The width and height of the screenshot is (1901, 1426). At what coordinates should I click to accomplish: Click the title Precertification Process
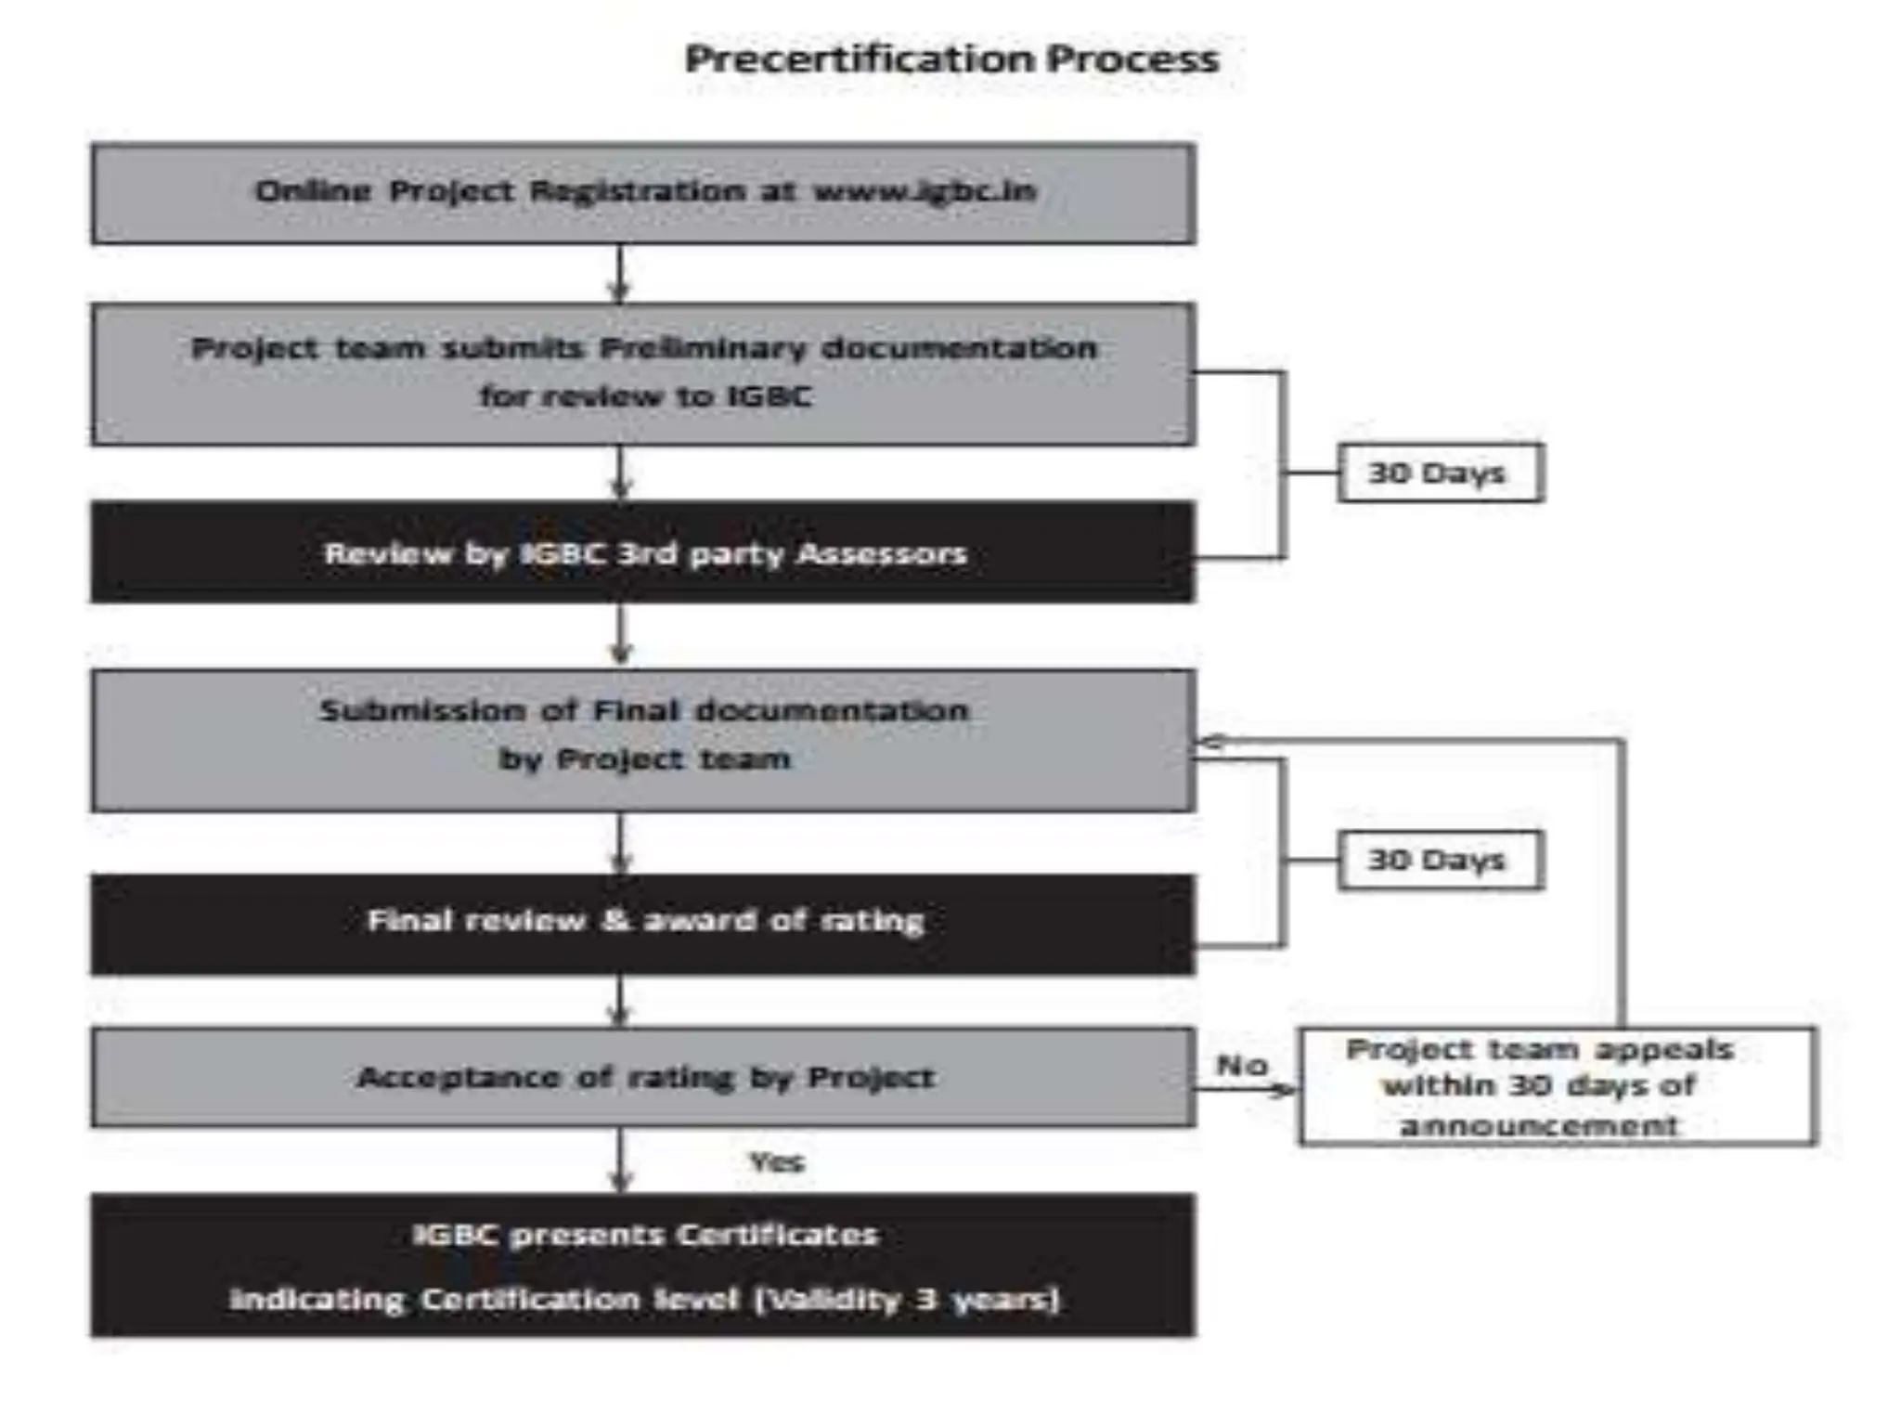pyautogui.click(x=950, y=59)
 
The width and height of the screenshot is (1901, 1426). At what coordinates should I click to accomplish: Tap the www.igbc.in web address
pyautogui.click(x=925, y=191)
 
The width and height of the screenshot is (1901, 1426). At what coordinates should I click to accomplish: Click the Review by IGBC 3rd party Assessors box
pyautogui.click(x=642, y=553)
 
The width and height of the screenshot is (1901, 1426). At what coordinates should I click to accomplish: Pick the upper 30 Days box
pyautogui.click(x=1439, y=473)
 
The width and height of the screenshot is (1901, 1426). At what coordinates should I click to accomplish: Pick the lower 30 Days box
pyautogui.click(x=1439, y=860)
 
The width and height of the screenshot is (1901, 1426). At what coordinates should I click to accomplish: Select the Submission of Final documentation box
pyautogui.click(x=642, y=739)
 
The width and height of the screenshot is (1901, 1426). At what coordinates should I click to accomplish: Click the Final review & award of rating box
pyautogui.click(x=642, y=922)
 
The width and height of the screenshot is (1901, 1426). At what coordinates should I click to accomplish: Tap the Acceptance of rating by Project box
pyautogui.click(x=642, y=1077)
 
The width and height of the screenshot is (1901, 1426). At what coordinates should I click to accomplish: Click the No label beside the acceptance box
pyautogui.click(x=1241, y=1065)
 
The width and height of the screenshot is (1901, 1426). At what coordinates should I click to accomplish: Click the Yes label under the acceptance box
pyautogui.click(x=776, y=1161)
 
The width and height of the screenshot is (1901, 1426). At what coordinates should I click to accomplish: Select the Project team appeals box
pyautogui.click(x=1557, y=1086)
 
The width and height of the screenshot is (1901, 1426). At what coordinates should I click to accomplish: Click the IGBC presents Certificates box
pyautogui.click(x=642, y=1264)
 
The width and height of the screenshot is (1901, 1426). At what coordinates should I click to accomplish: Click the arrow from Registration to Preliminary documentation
pyautogui.click(x=620, y=274)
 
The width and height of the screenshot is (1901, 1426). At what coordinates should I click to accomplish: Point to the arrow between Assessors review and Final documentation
pyautogui.click(x=621, y=636)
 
